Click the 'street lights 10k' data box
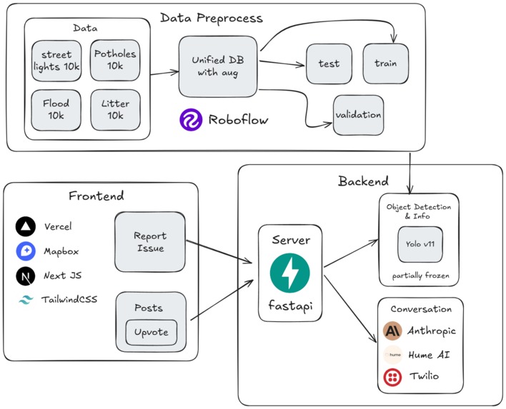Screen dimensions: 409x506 [57, 60]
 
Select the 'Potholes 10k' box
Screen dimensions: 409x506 [115, 60]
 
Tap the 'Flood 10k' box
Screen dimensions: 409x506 [57, 109]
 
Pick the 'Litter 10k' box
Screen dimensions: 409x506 [115, 109]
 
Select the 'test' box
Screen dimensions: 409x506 [328, 64]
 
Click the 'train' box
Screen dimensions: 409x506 [385, 64]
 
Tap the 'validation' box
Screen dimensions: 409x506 [358, 114]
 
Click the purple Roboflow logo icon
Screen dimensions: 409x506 [192, 120]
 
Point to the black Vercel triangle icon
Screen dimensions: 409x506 [26, 227]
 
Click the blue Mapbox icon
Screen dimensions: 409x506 [26, 251]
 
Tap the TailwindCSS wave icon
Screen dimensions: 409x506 [26, 300]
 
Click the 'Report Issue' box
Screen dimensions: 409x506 [150, 242]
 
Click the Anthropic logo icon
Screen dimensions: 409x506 [392, 330]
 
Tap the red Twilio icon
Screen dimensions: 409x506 [392, 376]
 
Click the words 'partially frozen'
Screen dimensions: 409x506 [418, 276]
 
